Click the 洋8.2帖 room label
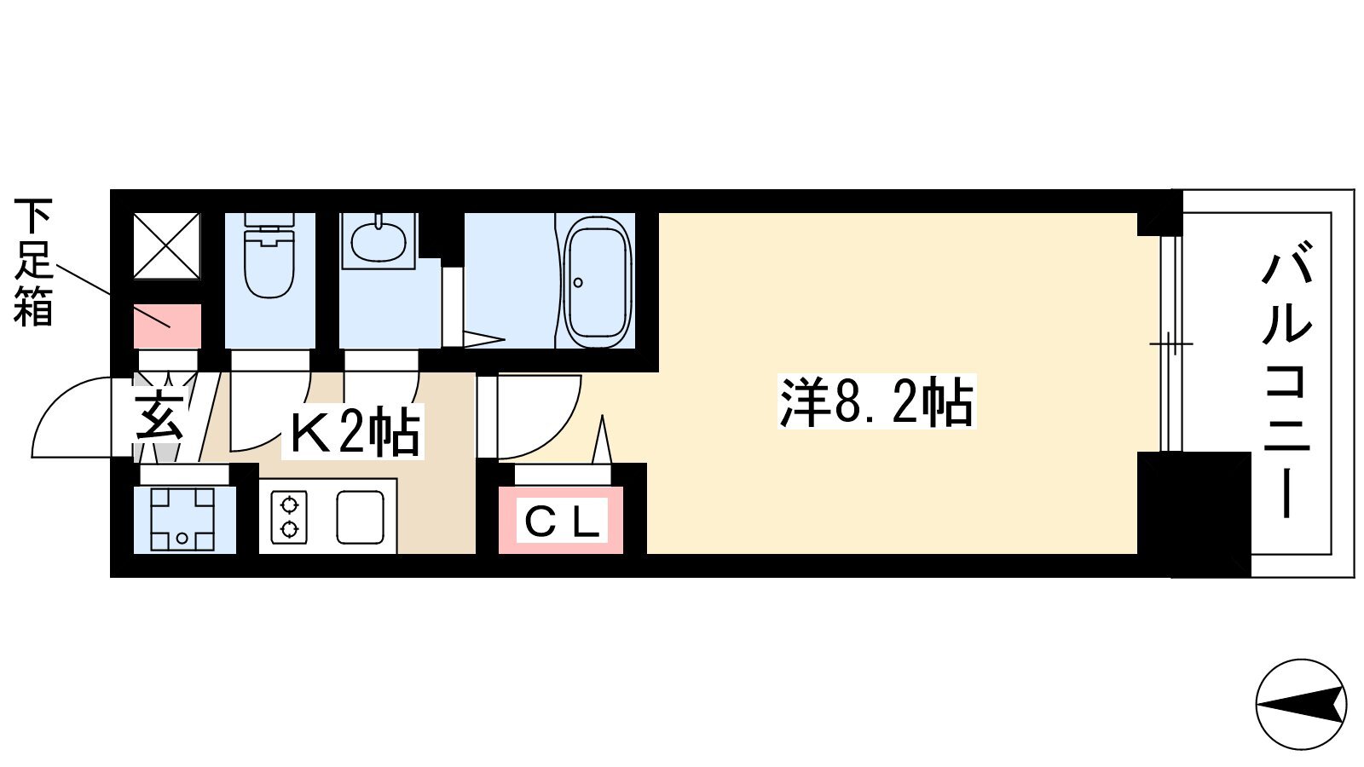[876, 401]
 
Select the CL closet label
[562, 521]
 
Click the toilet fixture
[269, 255]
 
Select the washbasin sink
[379, 241]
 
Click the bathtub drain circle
[578, 282]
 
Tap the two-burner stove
[289, 516]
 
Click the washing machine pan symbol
[182, 519]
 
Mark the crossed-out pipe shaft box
[166, 246]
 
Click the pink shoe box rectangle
[167, 326]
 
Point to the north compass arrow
[1301, 704]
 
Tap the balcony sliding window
[1170, 344]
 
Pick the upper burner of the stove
[289, 505]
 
